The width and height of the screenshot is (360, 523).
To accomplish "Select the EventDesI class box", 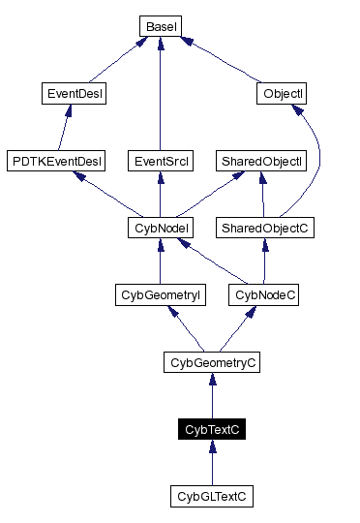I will pos(75,94).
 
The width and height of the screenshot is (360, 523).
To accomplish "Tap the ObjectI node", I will pos(283,94).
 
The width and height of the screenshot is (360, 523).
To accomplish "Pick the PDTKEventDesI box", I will pos(55,161).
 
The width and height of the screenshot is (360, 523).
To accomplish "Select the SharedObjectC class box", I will pos(264,229).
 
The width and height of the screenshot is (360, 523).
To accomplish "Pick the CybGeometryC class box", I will pos(212,363).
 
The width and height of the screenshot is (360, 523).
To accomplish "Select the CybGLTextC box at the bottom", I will pos(212,497).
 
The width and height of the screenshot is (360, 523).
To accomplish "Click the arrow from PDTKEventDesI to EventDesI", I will pos(66,127).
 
